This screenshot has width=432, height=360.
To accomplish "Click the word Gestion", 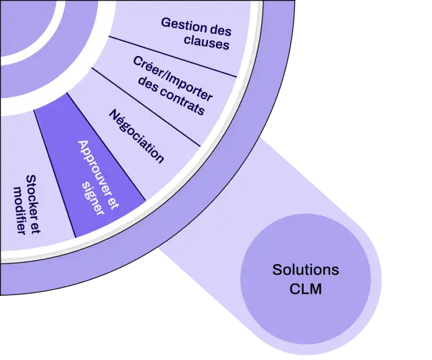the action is (183, 25).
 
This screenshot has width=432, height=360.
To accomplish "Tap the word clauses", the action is (207, 43).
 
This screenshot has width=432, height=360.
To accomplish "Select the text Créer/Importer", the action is (173, 78).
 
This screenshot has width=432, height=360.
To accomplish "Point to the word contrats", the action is (182, 101).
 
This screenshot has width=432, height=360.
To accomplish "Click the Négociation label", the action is (136, 136).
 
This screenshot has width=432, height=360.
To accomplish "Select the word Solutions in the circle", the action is (306, 269).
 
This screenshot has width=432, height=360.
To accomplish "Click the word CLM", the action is (306, 289).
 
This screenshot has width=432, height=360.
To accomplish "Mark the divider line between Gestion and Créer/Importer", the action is (173, 57).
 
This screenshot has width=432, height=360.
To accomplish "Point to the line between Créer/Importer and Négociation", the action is (146, 107).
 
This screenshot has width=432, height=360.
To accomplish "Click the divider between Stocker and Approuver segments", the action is (55, 174).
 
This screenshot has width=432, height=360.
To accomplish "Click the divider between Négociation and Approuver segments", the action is (107, 147).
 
